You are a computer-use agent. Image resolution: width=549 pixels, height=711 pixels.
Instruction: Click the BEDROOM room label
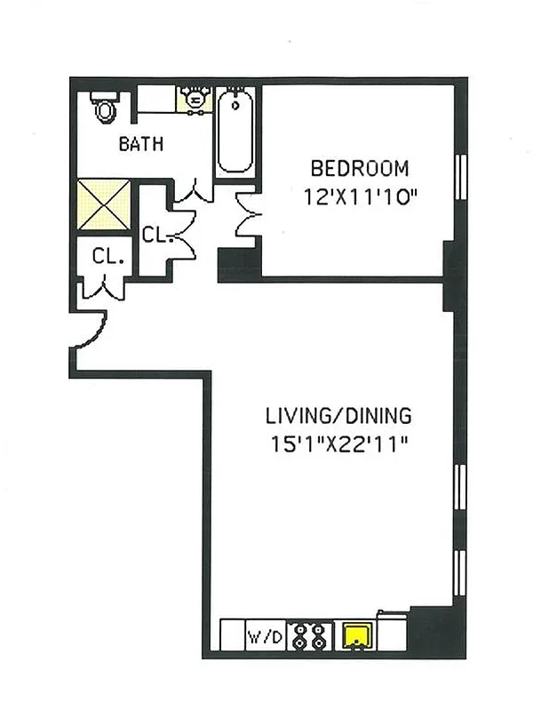[x=359, y=167]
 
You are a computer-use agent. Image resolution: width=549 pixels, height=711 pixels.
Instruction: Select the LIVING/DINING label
[x=338, y=415]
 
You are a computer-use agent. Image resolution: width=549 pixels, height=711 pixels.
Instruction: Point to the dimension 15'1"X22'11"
[x=338, y=443]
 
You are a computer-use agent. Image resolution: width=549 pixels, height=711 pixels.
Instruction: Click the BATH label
[x=140, y=144]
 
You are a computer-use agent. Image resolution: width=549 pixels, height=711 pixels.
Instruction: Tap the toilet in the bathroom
[x=106, y=108]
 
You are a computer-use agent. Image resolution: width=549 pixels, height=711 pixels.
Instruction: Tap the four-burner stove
[x=308, y=636]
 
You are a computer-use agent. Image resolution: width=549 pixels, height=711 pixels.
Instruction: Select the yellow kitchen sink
[x=357, y=636]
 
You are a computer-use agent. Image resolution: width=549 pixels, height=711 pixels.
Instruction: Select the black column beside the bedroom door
[x=239, y=264]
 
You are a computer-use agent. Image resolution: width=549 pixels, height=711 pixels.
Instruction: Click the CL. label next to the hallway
[x=155, y=236]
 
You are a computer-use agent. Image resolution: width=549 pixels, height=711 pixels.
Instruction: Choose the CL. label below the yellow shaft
[x=107, y=257]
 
